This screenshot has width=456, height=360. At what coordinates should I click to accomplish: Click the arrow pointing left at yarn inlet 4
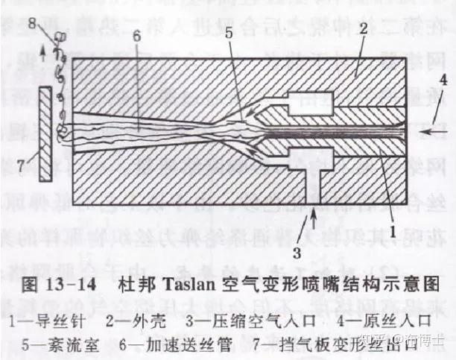(x=430, y=129)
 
